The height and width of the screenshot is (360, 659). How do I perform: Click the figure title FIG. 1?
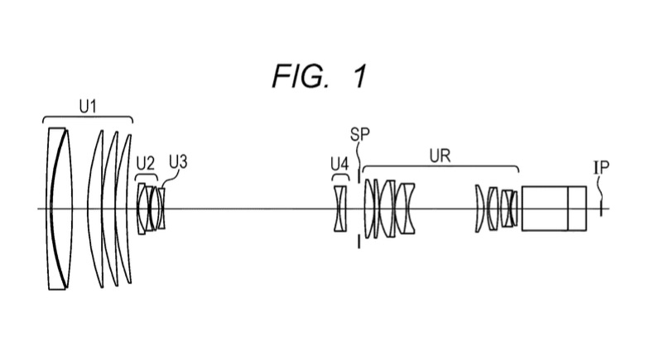click(x=320, y=76)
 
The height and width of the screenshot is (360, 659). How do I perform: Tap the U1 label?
click(x=88, y=107)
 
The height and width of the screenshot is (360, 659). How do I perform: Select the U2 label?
click(x=146, y=163)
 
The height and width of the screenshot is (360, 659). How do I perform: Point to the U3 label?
click(x=178, y=161)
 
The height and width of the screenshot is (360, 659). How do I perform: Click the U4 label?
click(x=339, y=164)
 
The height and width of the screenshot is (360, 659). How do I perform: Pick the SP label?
click(x=360, y=134)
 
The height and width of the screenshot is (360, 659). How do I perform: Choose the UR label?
click(x=440, y=156)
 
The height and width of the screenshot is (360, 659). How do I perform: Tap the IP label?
click(x=601, y=167)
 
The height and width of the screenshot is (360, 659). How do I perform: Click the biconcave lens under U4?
click(x=340, y=209)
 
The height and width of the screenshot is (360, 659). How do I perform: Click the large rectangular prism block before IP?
click(x=545, y=209)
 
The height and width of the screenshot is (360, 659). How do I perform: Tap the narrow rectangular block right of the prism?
click(x=578, y=209)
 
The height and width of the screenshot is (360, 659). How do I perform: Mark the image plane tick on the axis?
click(x=601, y=209)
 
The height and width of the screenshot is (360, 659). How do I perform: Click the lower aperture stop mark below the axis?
click(x=359, y=242)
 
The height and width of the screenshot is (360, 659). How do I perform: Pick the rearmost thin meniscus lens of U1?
click(x=124, y=209)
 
